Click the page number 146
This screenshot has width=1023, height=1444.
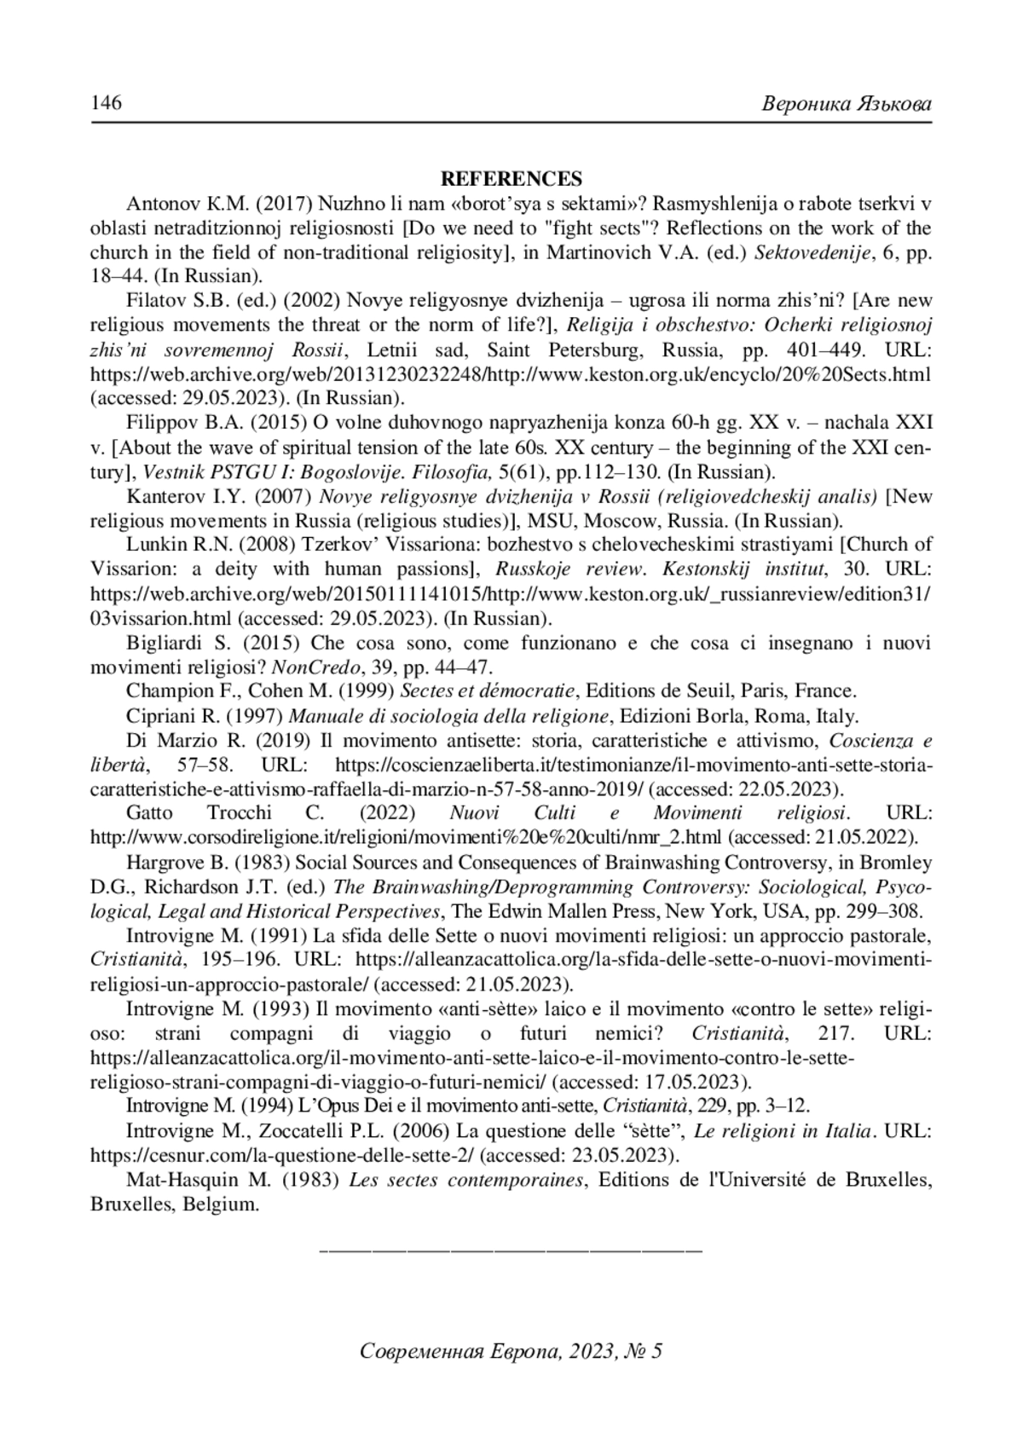107,103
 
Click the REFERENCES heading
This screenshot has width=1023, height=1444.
511,179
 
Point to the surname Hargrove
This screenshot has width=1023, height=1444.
165,861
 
